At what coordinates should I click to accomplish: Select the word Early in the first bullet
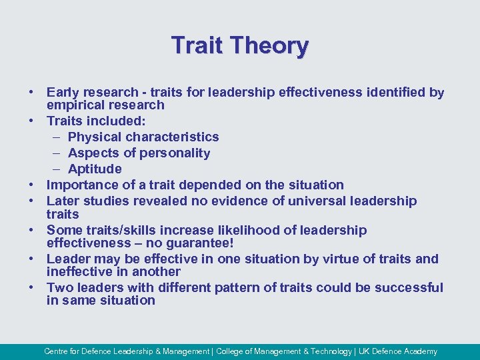coord(63,93)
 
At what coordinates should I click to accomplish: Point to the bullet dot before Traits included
coord(31,121)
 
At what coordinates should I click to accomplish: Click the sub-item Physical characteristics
coord(143,137)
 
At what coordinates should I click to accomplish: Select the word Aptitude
coord(95,169)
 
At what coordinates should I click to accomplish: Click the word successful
coord(409,287)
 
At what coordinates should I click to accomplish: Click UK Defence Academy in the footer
coord(399,351)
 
